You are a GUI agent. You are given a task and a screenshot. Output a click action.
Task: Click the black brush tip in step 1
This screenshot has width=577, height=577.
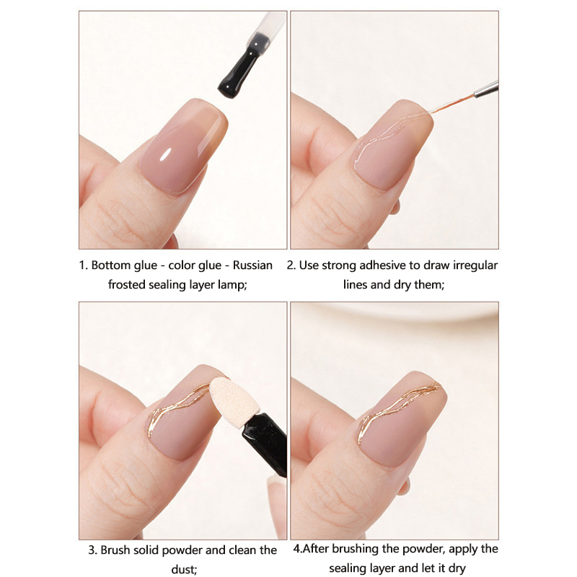click(239, 66)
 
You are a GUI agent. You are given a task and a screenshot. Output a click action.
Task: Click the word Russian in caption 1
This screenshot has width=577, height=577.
click(252, 265)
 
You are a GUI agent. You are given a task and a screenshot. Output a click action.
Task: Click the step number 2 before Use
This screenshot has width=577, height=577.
click(291, 265)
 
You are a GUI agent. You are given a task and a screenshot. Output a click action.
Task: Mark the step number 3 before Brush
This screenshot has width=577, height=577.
click(92, 550)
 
